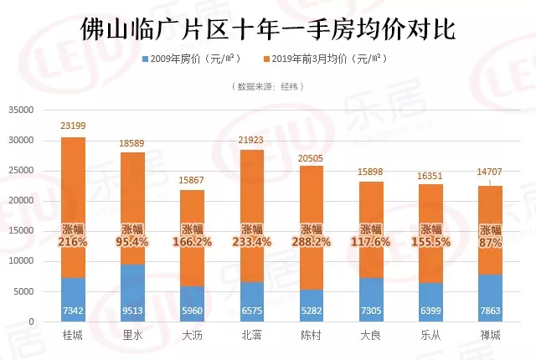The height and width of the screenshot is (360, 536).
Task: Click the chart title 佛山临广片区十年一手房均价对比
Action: pos(267,28)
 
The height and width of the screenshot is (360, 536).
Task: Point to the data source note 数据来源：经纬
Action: pos(267,86)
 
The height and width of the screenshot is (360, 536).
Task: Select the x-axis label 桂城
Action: pos(73,337)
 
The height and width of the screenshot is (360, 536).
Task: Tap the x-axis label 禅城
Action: pos(491,337)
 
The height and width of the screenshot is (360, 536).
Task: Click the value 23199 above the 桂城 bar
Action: pos(73,126)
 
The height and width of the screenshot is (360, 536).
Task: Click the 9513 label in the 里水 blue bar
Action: pos(132,311)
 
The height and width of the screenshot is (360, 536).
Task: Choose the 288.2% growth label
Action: pos(312,243)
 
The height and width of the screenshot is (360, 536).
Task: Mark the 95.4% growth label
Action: pos(132,243)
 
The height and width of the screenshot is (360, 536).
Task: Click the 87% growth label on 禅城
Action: pos(491,243)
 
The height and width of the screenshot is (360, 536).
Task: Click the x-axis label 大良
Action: pos(371,337)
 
